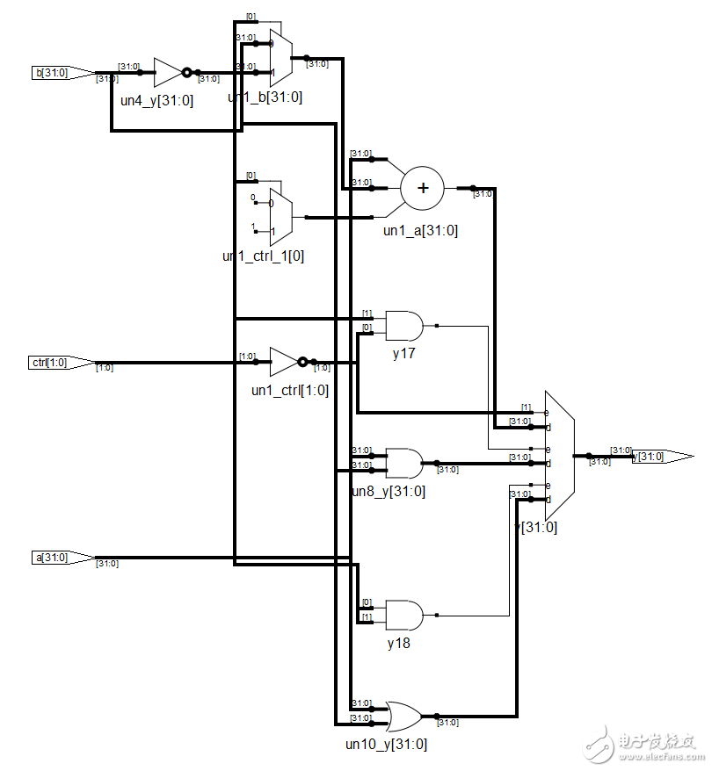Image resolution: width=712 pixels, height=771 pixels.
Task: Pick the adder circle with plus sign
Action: point(423,188)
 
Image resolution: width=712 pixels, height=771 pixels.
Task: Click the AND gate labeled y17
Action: point(403,325)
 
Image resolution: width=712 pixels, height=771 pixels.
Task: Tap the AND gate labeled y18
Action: point(403,615)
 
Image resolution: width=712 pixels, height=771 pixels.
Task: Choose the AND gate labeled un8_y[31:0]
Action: point(403,462)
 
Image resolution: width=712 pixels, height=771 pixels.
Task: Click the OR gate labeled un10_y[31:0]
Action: point(404,716)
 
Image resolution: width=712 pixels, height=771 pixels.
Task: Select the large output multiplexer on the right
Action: point(560,455)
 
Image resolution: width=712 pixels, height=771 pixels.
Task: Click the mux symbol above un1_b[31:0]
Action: point(281,58)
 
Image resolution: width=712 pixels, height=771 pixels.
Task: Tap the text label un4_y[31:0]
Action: point(156,100)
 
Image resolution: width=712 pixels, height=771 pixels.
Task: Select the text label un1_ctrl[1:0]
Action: point(289,390)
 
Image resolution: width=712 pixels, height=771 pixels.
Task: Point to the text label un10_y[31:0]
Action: point(387,745)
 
